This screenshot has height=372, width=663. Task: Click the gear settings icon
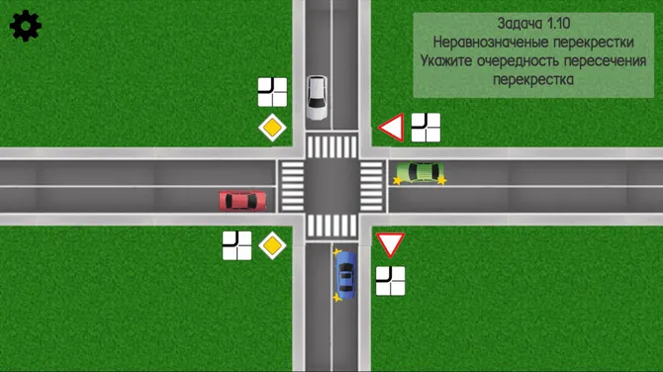coord(25,26)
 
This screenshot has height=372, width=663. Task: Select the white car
coord(317,97)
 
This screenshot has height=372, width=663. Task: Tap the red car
coord(242,201)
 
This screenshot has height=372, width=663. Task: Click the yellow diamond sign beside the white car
coord(272,128)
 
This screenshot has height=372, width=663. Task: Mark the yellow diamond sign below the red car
coord(272,244)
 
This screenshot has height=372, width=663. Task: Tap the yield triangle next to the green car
coord(392,128)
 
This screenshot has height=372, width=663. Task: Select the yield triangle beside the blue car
coord(390,244)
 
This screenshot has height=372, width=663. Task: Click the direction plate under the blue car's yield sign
coord(390,281)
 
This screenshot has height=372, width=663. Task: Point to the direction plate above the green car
coord(426,128)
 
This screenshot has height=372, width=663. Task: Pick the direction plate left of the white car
coord(272,92)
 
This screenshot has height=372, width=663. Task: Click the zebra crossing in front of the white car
coord(331,147)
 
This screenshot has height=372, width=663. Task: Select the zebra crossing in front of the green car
coord(371,186)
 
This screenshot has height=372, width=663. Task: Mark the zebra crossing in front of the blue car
coord(331,226)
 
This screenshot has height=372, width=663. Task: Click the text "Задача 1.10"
coord(531,23)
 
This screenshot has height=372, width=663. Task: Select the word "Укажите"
coord(450,61)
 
